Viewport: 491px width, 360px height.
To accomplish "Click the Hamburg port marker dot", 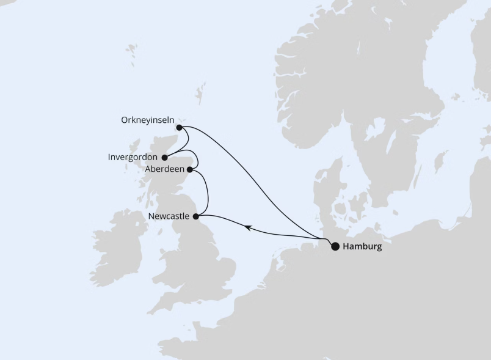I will point(335,247).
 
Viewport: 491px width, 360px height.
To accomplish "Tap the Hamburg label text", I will point(363,247).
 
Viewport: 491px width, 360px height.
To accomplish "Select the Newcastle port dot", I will point(195,216).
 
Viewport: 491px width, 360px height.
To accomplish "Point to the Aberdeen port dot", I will point(191,169).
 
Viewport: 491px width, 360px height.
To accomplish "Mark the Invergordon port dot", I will point(165,157).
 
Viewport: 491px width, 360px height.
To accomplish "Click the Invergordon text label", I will point(133,157).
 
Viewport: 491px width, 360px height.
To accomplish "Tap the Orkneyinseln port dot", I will point(179,128).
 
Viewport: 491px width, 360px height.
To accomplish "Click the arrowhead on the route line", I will point(248,227).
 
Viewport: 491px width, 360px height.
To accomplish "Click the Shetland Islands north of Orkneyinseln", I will point(199,95).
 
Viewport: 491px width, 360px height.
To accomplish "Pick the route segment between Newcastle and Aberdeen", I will point(208,193).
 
